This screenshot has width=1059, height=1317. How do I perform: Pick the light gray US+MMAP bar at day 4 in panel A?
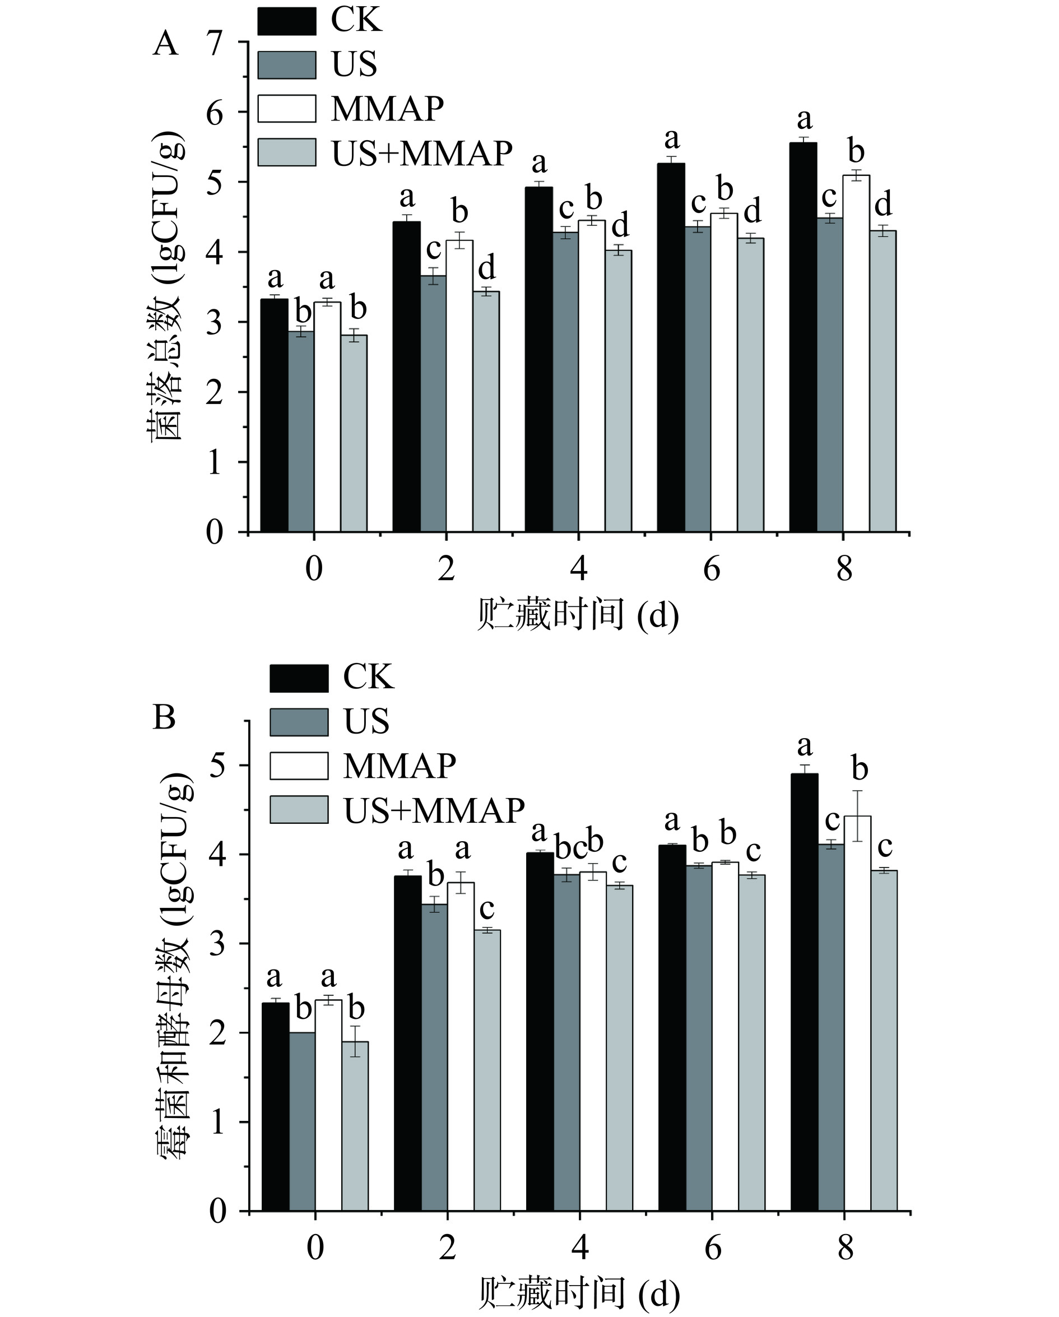pos(618,391)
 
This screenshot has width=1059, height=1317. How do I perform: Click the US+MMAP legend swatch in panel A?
pos(286,152)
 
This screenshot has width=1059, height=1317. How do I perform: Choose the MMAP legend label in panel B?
pos(400,766)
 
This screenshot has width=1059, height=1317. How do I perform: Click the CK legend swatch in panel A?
pos(286,21)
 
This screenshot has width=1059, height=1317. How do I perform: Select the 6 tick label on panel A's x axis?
pos(712,570)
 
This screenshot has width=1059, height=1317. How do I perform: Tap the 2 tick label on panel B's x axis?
pos(447,1248)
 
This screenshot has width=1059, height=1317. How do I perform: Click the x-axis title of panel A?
pos(578,615)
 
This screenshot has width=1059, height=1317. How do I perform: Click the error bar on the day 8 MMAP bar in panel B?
pos(857,816)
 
